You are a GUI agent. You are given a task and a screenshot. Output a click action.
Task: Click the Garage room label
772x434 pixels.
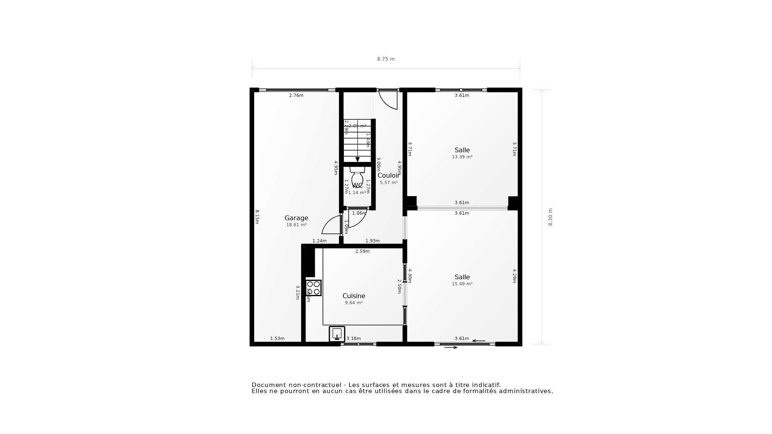296,218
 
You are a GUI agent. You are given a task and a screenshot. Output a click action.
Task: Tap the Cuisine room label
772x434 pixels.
354,296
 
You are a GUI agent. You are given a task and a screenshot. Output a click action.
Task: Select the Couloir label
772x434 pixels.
388,176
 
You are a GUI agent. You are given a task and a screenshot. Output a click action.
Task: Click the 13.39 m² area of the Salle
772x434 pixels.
462,157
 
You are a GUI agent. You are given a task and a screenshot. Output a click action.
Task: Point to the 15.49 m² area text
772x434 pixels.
462,284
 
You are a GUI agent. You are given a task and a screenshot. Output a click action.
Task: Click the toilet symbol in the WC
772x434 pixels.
357,177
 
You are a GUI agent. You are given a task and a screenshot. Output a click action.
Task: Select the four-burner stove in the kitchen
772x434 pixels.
313,288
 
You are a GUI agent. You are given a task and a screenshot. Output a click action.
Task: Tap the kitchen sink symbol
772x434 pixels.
337,334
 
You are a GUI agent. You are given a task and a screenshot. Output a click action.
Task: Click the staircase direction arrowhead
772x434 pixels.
357,160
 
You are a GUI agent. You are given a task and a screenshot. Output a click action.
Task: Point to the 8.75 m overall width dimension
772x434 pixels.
386,59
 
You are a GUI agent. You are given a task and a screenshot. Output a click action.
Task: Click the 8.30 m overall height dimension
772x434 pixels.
550,217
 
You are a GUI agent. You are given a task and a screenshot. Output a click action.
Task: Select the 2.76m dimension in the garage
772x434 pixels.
296,96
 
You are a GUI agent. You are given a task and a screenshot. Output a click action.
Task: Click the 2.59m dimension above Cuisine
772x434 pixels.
362,252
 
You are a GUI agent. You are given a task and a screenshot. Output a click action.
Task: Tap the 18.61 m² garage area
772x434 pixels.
296,225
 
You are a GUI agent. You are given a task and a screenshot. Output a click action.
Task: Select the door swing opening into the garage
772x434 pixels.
331,225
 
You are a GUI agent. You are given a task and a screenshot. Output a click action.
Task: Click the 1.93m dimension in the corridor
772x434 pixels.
372,241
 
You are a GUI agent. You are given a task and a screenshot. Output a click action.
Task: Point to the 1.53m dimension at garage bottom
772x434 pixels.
277,339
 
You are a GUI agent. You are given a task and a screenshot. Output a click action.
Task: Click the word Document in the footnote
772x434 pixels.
268,385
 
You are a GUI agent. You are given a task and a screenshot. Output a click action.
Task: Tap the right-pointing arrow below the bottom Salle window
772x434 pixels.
451,348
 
